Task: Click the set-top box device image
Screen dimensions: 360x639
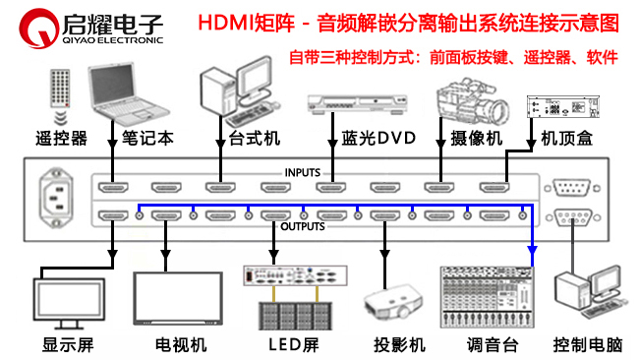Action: click(555, 107)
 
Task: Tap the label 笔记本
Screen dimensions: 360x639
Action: click(148, 139)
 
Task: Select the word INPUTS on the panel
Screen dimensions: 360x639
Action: click(303, 172)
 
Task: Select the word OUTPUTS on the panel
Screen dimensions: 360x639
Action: click(303, 227)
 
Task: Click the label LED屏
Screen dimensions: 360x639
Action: click(293, 345)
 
